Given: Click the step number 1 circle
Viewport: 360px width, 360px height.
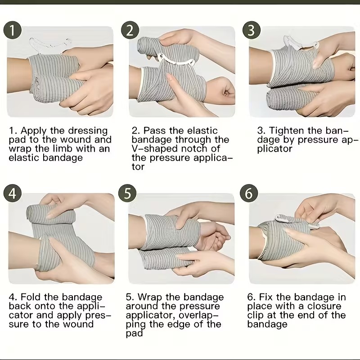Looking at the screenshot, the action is (x=13, y=30).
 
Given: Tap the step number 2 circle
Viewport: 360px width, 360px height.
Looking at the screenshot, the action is (x=130, y=30).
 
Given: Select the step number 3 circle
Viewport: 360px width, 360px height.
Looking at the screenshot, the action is (x=252, y=30).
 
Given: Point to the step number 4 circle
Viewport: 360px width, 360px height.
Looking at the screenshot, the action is (x=13, y=193).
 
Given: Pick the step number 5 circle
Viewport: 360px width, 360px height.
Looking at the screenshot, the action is (x=127, y=193).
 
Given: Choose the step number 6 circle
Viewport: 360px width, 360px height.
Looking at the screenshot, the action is (x=249, y=193).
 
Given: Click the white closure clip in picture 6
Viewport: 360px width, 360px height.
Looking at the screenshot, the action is (x=296, y=221).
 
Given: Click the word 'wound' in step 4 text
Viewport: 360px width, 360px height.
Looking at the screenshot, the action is (x=78, y=324).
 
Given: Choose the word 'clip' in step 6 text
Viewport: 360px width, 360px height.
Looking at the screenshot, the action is (x=255, y=316).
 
